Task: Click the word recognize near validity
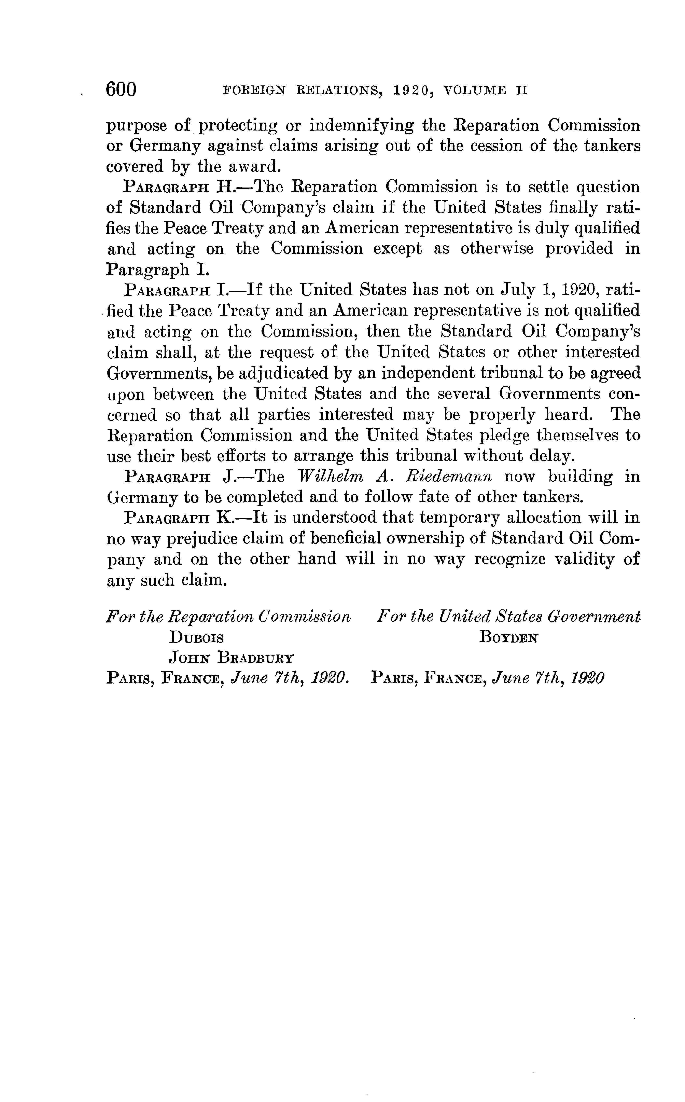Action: (510, 560)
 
